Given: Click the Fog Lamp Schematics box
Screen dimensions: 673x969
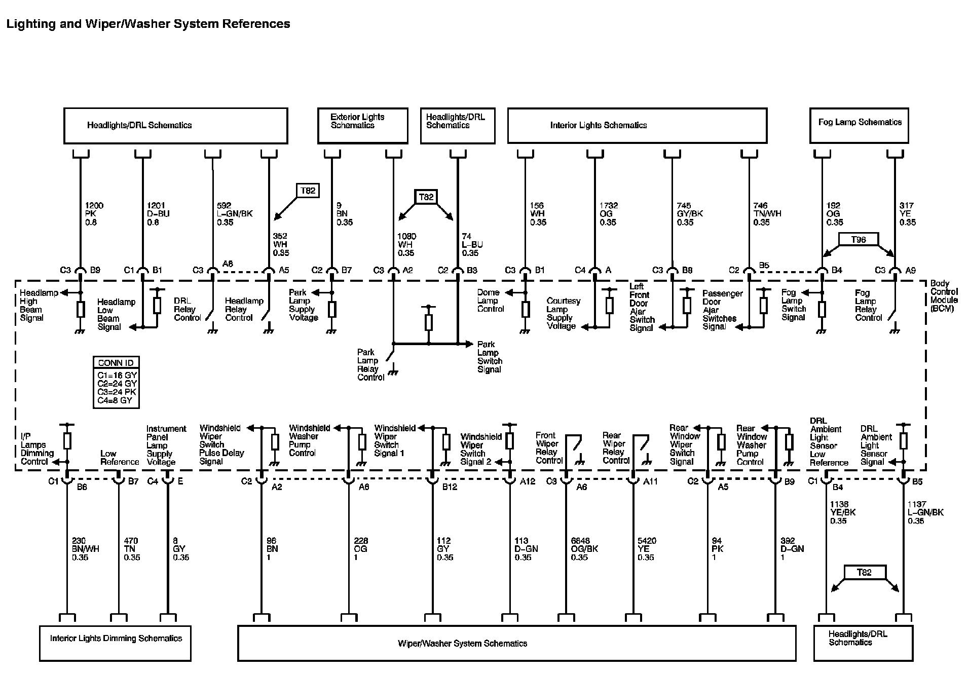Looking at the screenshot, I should (x=859, y=125).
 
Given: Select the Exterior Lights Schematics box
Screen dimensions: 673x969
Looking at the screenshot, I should (x=362, y=125).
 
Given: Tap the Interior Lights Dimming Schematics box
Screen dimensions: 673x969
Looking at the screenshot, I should (x=115, y=643).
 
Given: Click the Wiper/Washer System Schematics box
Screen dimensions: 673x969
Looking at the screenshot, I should (x=516, y=643).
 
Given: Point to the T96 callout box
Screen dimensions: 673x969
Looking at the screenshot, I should (x=858, y=239).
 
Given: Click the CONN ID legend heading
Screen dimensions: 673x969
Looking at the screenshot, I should (x=116, y=363).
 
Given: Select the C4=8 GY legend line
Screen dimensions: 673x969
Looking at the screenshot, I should (x=115, y=400).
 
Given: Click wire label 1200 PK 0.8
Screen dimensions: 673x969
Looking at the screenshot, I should (x=94, y=214).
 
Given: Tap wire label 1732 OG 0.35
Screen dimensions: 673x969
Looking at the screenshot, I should (x=609, y=214).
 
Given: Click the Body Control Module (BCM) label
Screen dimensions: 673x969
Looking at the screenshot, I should (x=943, y=296).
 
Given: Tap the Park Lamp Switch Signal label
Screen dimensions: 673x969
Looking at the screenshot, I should (x=490, y=357).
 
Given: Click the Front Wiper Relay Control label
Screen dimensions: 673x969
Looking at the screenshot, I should (x=548, y=448).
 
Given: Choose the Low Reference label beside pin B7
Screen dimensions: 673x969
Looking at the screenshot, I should (x=119, y=458).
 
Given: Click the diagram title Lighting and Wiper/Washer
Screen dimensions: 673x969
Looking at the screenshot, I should (x=148, y=24).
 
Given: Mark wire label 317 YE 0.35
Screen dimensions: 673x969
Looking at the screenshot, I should (x=907, y=214).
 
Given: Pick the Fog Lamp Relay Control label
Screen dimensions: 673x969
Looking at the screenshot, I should (x=868, y=305).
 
